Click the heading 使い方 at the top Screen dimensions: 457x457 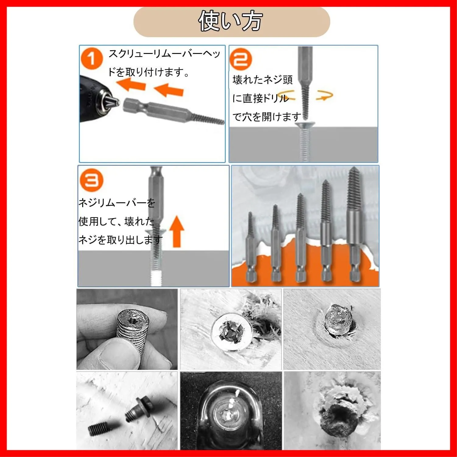tap(230, 21)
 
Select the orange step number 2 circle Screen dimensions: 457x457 tap(241, 59)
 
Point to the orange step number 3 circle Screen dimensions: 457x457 tap(92, 180)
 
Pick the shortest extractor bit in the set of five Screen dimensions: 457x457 tap(251, 247)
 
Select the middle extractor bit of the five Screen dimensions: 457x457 tap(300, 238)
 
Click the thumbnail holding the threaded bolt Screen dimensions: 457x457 tap(127, 329)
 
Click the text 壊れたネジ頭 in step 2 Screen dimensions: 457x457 tap(262, 80)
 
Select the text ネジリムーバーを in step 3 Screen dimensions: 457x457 tap(117, 203)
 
